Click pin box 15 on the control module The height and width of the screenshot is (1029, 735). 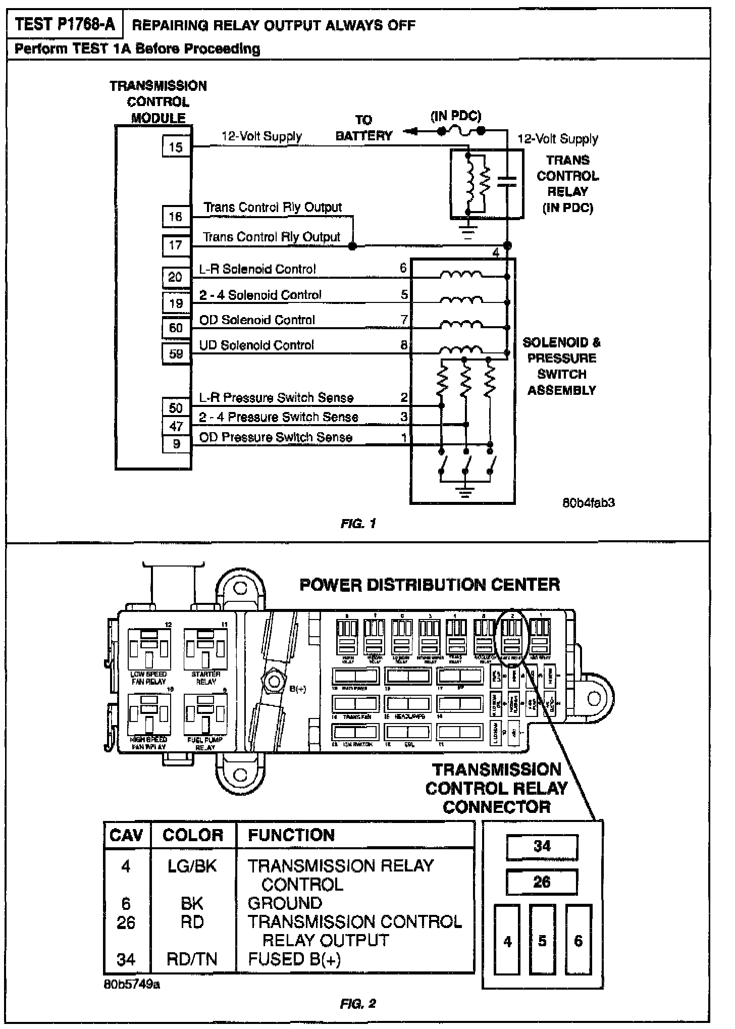(176, 147)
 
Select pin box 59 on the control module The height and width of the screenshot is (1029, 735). (176, 353)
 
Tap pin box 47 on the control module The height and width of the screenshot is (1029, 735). (176, 426)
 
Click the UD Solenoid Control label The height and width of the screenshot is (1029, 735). (256, 345)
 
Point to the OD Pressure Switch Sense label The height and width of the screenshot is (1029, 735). (276, 437)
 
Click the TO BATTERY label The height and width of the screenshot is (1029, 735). (363, 128)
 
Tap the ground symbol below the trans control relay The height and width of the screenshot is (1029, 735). (468, 232)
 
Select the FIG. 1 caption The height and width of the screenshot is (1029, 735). (358, 524)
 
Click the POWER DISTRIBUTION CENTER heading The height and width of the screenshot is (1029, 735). (430, 585)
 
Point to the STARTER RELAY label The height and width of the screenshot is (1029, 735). (205, 678)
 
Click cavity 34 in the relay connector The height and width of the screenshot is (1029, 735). (542, 847)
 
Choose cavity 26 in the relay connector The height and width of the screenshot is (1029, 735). (542, 882)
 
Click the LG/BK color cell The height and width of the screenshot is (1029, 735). (192, 866)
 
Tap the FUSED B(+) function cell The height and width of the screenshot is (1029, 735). (294, 959)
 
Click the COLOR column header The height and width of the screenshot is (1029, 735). (193, 835)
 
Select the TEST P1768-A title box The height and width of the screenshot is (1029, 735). (65, 25)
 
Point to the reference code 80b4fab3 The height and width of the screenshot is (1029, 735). (589, 503)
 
